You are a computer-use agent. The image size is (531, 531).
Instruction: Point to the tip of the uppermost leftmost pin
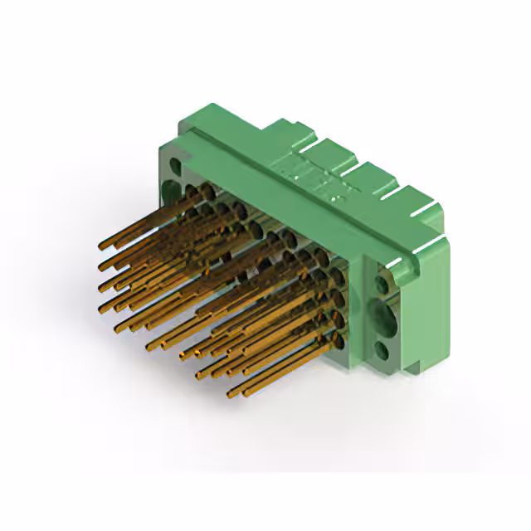click(x=102, y=246)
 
